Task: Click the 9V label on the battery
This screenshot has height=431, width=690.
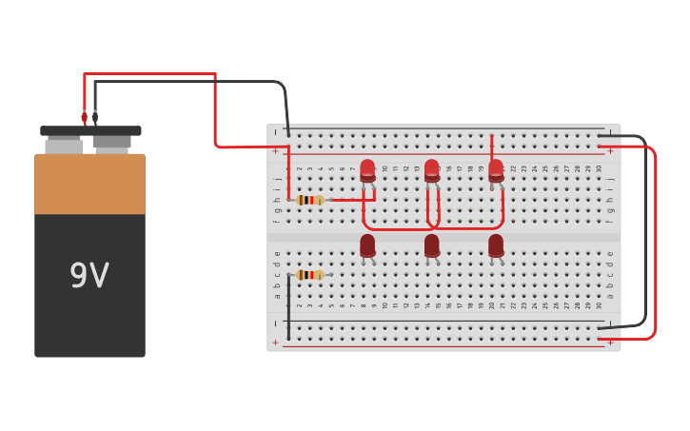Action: pos(89,276)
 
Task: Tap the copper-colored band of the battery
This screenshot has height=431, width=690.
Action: pos(89,185)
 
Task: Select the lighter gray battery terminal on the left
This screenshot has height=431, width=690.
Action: pos(64,146)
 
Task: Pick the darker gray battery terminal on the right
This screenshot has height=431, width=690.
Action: pos(111,143)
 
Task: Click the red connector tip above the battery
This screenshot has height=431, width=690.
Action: pos(84,118)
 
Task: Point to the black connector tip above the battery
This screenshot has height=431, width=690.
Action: pos(94,118)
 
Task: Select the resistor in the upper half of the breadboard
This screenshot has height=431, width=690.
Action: pos(310,200)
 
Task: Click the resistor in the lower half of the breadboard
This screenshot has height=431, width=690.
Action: pos(309,275)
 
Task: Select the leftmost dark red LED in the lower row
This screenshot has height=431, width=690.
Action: pos(367,245)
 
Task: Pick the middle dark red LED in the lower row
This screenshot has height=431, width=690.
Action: pos(431,245)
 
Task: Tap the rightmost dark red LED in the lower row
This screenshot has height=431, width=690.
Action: pos(496,245)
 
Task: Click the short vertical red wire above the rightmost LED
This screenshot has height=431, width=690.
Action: pos(491,147)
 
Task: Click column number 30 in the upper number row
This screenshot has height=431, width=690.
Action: pos(599,168)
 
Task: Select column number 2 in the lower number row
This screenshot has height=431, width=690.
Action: pos(299,305)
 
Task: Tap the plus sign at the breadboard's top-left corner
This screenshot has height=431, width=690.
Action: pos(276,150)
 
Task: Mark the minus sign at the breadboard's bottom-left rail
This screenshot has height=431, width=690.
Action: pos(276,323)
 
